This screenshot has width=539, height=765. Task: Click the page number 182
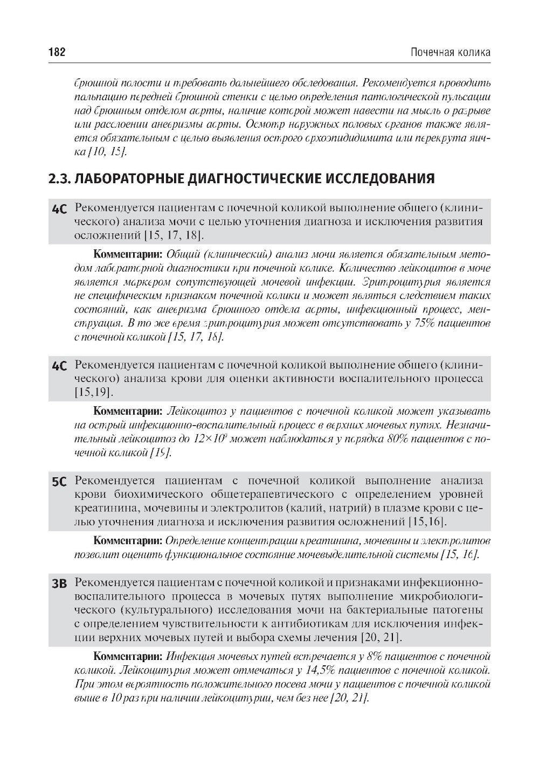pyautogui.click(x=57, y=52)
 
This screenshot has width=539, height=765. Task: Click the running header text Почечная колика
pyautogui.click(x=450, y=52)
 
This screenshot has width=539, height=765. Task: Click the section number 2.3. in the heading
pyautogui.click(x=59, y=178)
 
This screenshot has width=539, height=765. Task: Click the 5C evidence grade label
pyautogui.click(x=59, y=482)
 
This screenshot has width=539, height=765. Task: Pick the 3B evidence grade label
pyautogui.click(x=59, y=584)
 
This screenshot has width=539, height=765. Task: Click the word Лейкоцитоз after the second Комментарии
pyautogui.click(x=194, y=412)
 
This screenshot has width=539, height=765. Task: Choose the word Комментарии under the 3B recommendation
pyautogui.click(x=128, y=657)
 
